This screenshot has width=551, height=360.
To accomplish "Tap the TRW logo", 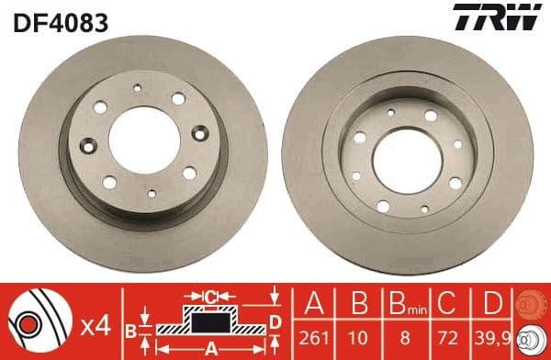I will pyautogui.click(x=500, y=17).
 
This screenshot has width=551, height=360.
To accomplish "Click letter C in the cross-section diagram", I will pyautogui.click(x=210, y=296).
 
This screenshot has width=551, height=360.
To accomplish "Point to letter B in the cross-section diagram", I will pyautogui.click(x=130, y=329).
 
